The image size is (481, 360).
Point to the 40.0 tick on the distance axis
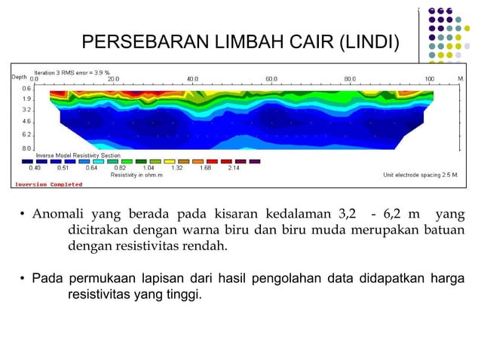click(192, 78)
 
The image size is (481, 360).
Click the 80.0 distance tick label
click(350, 78)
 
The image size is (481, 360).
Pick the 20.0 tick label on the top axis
click(113, 78)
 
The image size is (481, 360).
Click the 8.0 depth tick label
click(26, 148)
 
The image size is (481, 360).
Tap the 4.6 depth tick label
click(26, 121)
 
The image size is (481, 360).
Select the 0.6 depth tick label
click(26, 88)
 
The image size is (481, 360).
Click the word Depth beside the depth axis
click(19, 78)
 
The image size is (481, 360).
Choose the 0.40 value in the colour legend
click(35, 168)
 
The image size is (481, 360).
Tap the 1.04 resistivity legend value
click(149, 168)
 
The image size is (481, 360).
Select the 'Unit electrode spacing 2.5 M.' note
click(425, 175)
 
